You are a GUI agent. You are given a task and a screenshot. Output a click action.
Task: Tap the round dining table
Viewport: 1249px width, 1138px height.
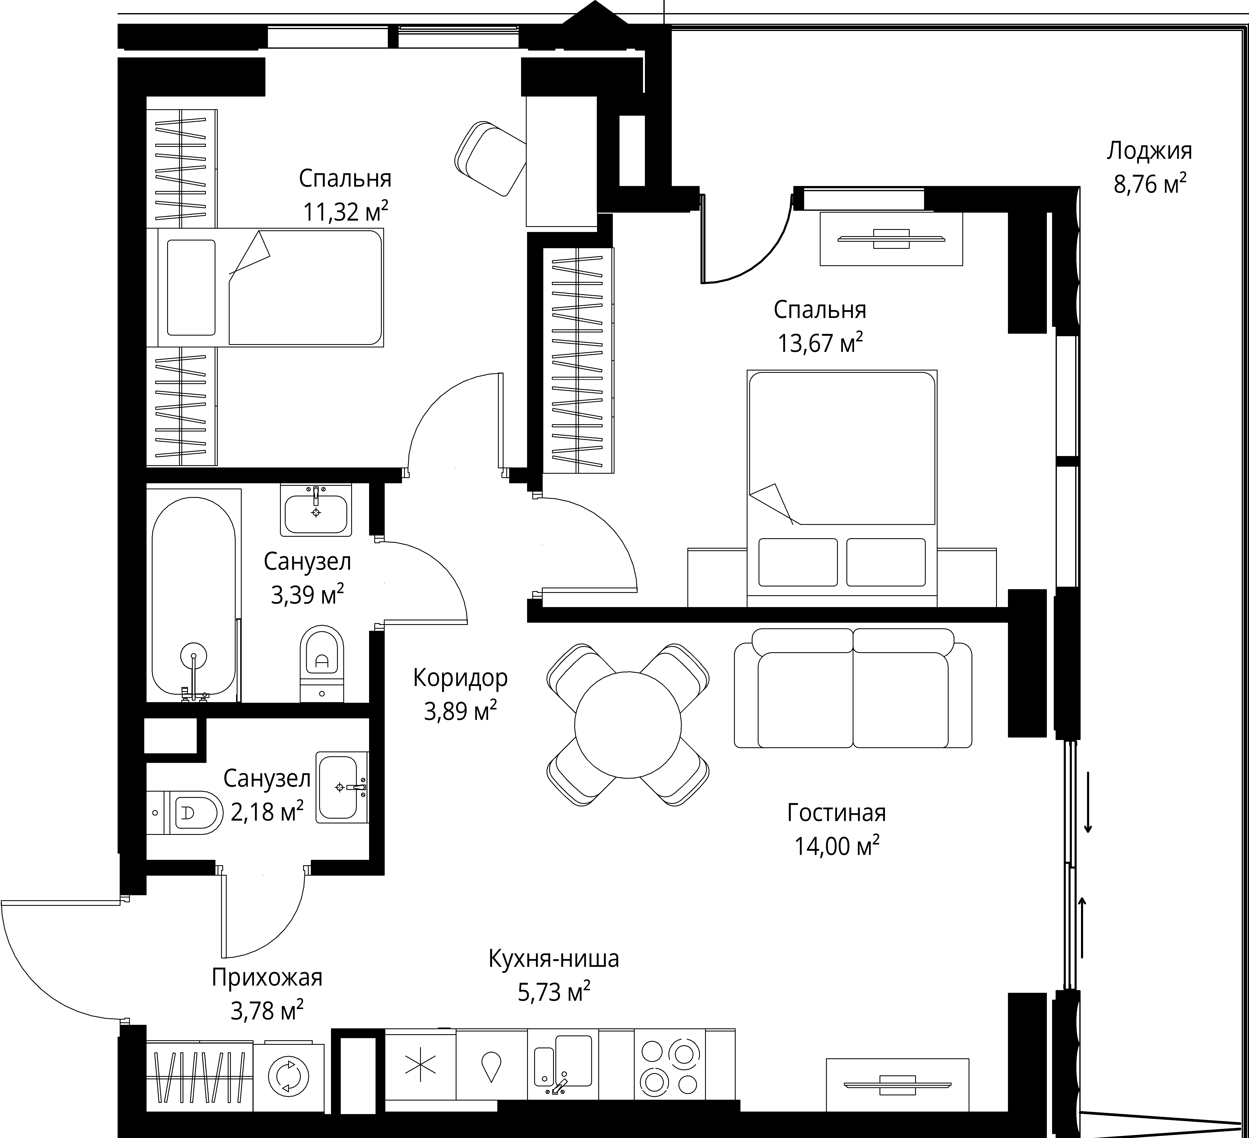click(628, 724)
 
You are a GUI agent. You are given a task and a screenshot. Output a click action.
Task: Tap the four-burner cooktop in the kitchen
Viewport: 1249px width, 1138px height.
click(670, 1067)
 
